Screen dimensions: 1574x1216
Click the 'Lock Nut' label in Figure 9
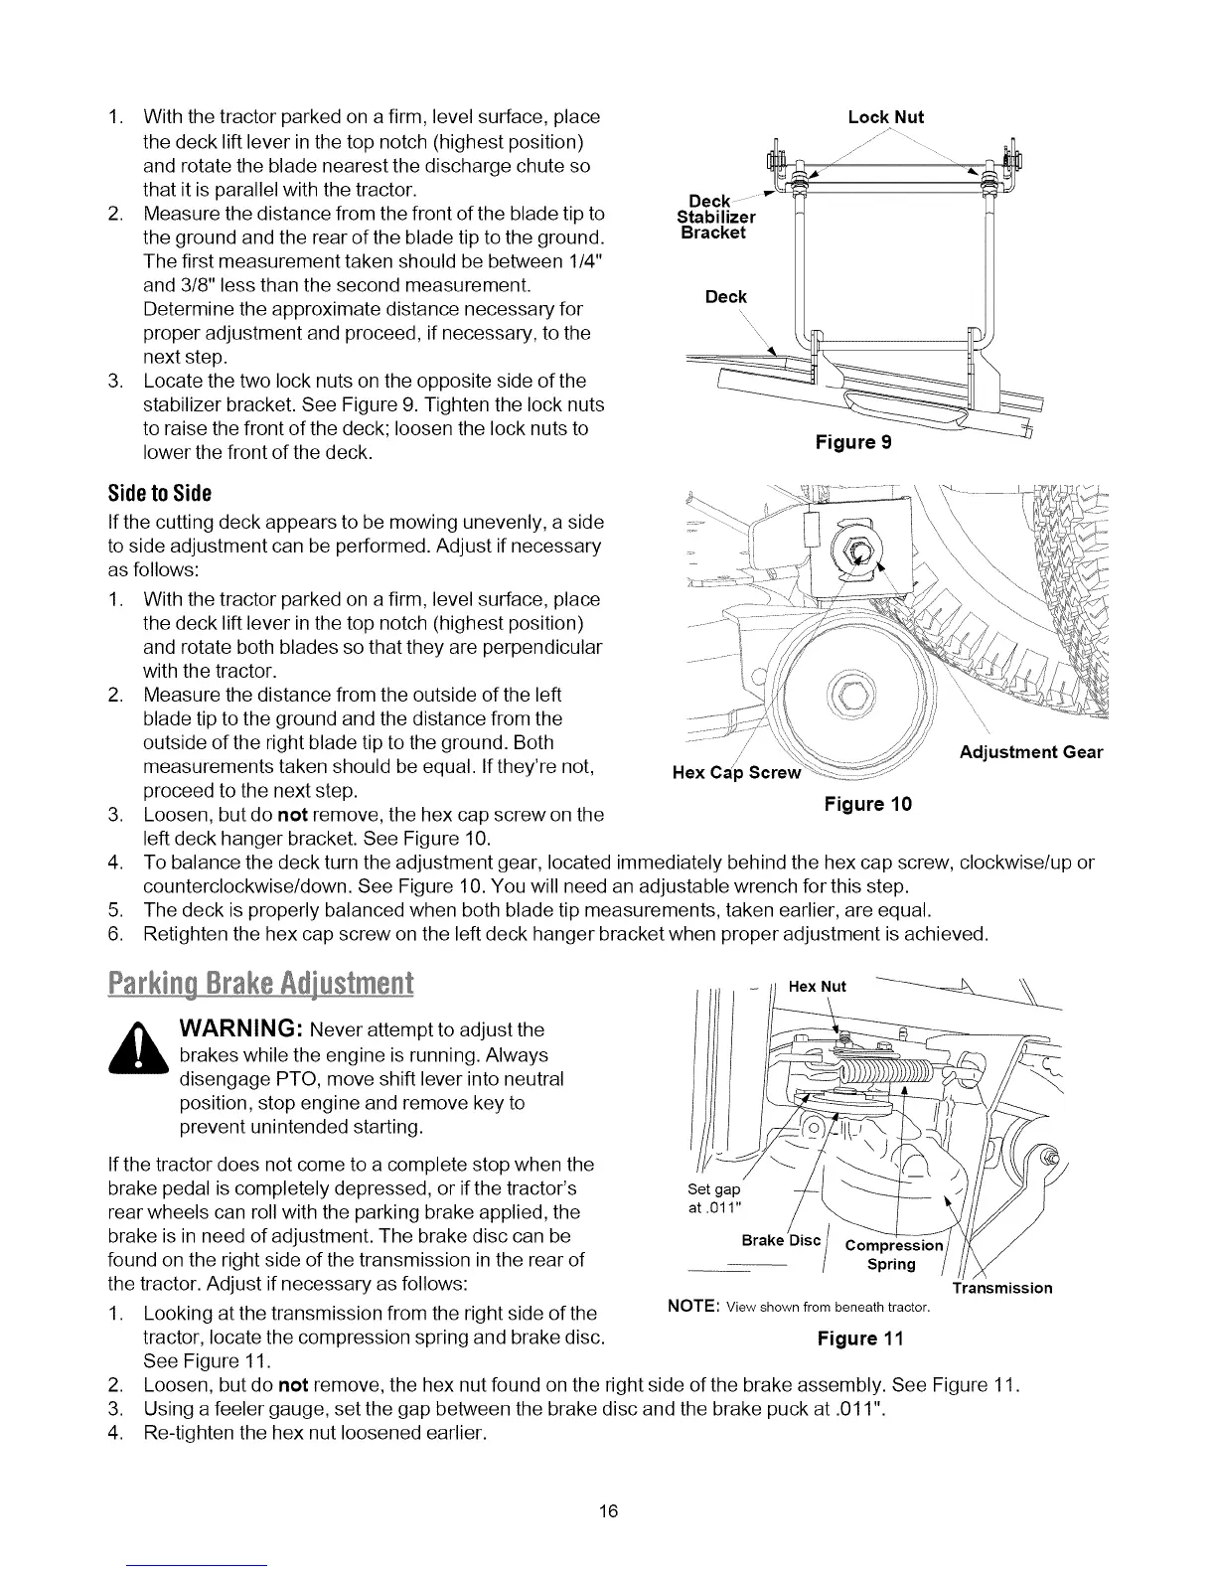pyautogui.click(x=885, y=117)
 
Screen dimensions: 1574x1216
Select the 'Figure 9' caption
pyautogui.click(x=852, y=442)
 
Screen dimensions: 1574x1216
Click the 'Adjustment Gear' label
pyautogui.click(x=1031, y=752)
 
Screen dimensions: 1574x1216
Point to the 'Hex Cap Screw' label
pyautogui.click(x=729, y=773)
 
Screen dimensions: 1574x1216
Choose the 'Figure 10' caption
pyautogui.click(x=867, y=803)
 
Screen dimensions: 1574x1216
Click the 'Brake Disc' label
pyautogui.click(x=782, y=1240)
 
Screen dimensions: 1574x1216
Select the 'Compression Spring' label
pyautogui.click(x=891, y=1255)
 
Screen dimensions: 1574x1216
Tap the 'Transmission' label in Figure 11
pyautogui.click(x=1001, y=1288)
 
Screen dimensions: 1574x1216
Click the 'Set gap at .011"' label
pyautogui.click(x=714, y=1199)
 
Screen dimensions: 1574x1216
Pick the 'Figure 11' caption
pyautogui.click(x=859, y=1338)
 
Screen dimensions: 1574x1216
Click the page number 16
pyautogui.click(x=608, y=1511)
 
